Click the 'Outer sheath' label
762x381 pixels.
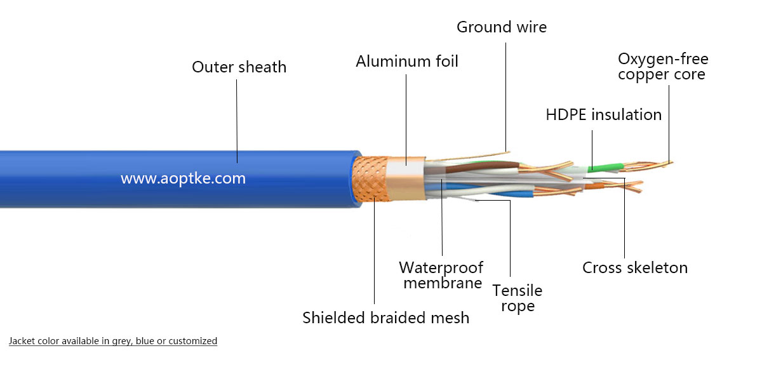pos(239,67)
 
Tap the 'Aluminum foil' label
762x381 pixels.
pos(406,62)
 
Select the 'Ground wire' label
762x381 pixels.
pos(501,27)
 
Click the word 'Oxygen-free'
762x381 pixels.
pos(663,59)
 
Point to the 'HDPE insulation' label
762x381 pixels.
pos(603,115)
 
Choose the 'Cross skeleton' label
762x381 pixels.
pos(634,268)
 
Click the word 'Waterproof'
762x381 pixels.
pos(441,267)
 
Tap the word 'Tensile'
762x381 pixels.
pos(518,291)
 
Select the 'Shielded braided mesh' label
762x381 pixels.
pos(385,317)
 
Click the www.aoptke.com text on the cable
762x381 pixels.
pos(183,178)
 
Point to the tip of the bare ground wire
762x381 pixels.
pos(508,151)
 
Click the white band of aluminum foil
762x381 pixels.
pos(406,170)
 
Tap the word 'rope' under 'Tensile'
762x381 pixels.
pos(518,306)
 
